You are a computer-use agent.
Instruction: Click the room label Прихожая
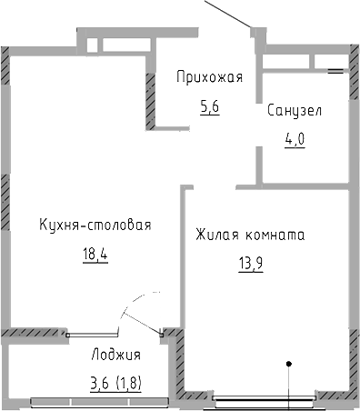coord(209,77)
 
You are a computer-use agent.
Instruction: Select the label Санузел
coord(294,111)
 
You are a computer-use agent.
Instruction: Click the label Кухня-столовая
coord(95,226)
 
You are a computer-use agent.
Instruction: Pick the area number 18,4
coord(94,255)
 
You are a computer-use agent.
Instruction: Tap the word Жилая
coord(216,236)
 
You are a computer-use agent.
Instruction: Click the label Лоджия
coord(116,355)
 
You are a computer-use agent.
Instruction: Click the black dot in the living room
coord(289,366)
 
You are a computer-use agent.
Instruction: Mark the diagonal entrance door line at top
coord(232,14)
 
